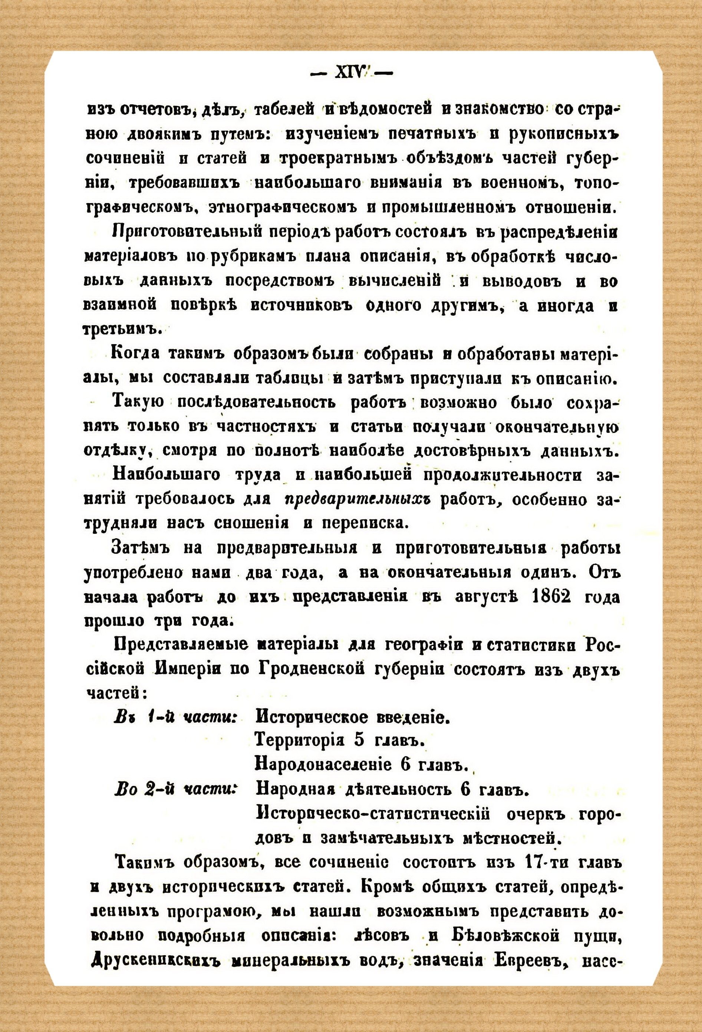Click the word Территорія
(300, 741)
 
